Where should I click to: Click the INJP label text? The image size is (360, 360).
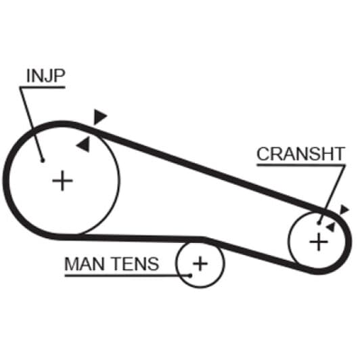(x=46, y=76)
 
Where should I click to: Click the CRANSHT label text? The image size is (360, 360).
(x=300, y=154)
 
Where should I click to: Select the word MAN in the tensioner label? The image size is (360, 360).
(x=85, y=264)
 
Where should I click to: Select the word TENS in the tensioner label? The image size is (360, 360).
(x=136, y=264)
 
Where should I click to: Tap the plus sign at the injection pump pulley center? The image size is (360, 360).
(x=62, y=181)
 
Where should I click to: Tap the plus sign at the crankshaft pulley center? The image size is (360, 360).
(x=319, y=242)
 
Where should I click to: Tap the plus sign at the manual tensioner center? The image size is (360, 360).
(x=200, y=264)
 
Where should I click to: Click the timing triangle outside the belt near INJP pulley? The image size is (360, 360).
(x=99, y=117)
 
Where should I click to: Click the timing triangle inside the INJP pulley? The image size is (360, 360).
(x=84, y=144)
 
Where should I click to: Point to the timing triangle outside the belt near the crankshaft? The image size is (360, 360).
(x=344, y=210)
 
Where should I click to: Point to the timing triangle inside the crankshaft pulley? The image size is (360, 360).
(x=331, y=227)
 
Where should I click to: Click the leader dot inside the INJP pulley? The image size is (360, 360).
(x=43, y=160)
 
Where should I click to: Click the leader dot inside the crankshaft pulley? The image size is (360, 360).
(x=319, y=223)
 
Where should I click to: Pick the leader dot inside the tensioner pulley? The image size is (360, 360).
(x=190, y=275)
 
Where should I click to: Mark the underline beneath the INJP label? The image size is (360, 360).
(x=43, y=87)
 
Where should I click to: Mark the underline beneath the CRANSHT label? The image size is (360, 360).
(x=300, y=165)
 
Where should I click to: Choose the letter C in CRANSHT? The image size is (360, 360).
(x=264, y=154)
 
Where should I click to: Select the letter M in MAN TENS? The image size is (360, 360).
(x=72, y=264)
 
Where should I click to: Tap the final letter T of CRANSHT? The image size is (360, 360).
(x=339, y=154)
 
